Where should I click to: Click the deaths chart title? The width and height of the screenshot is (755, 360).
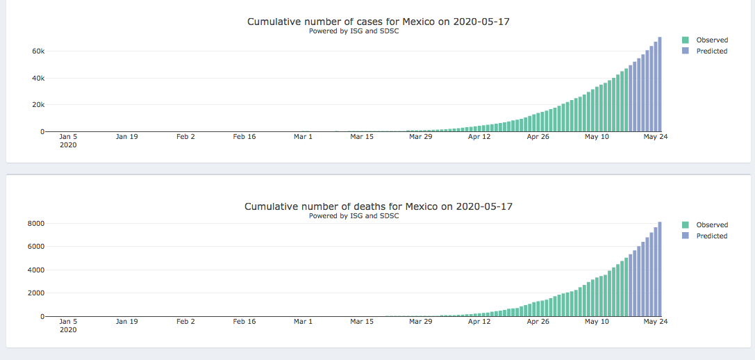(379, 206)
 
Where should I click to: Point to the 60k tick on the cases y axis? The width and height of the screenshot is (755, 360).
(37, 51)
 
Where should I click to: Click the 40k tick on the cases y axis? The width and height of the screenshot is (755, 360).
(37, 78)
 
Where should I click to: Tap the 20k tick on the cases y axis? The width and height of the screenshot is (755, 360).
(37, 105)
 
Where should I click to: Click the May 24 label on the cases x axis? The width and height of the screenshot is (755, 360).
(655, 137)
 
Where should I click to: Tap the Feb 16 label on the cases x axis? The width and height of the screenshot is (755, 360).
(244, 137)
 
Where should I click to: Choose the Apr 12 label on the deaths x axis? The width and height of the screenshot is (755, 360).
(479, 322)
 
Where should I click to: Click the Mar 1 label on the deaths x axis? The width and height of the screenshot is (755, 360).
(303, 322)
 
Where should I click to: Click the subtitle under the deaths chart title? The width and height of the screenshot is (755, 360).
(354, 216)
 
